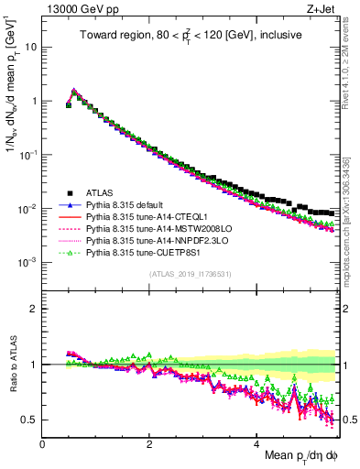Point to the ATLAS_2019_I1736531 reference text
[x=191, y=274]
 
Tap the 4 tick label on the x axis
[x=257, y=443]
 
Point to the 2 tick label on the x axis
[x=150, y=443]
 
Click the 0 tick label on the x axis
[x=42, y=443]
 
